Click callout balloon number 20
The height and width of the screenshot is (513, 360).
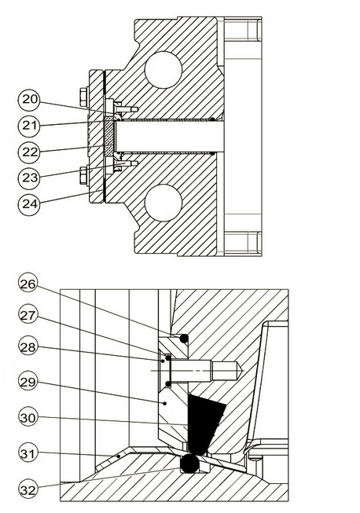click(29, 100)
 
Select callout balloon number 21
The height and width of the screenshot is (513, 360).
click(29, 126)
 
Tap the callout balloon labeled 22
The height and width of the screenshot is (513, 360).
click(29, 152)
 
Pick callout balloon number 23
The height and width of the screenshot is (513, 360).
click(29, 178)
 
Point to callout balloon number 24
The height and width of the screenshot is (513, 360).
click(29, 204)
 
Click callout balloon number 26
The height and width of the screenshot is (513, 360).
click(28, 284)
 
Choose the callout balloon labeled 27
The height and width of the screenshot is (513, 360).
click(28, 314)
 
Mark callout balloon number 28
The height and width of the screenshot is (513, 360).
click(28, 346)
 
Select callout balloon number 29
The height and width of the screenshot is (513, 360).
click(28, 382)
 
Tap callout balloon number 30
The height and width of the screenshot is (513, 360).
click(28, 417)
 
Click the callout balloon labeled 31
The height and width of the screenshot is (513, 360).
click(28, 453)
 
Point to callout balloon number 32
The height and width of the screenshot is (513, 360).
click(28, 489)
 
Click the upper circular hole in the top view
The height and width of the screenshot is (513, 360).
click(163, 69)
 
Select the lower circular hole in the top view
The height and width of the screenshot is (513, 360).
click(163, 202)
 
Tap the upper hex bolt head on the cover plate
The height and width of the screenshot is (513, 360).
click(84, 97)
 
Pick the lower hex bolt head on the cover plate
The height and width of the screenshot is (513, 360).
click(84, 176)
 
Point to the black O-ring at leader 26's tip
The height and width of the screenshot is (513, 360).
click(184, 339)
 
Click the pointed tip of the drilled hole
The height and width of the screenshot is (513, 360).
click(243, 370)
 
